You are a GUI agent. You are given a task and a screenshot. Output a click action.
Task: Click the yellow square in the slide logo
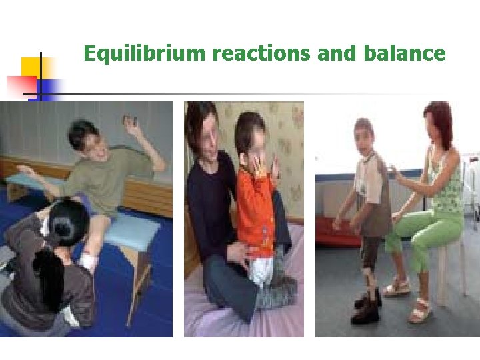pyautogui.click(x=33, y=69)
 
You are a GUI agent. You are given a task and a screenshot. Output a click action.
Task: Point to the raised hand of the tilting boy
pyautogui.click(x=129, y=122)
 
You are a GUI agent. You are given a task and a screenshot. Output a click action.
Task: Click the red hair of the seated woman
pyautogui.click(x=439, y=117)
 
